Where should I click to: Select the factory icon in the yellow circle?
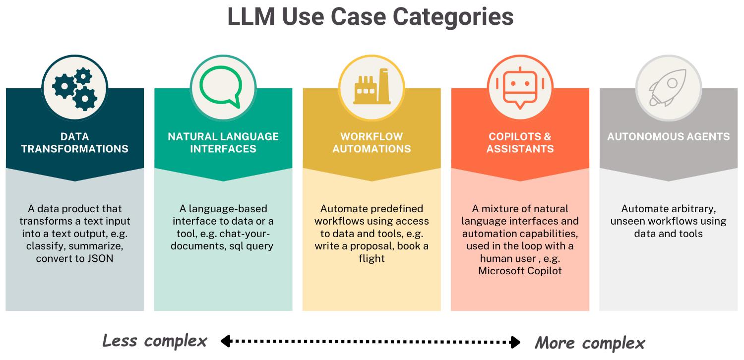pyautogui.click(x=372, y=88)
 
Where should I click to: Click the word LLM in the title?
pyautogui.click(x=251, y=16)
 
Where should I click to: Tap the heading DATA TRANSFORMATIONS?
pyautogui.click(x=75, y=142)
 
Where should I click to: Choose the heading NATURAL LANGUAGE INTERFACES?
pyautogui.click(x=223, y=142)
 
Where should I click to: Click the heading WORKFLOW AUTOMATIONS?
pyautogui.click(x=372, y=142)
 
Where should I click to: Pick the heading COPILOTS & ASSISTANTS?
pyautogui.click(x=520, y=142)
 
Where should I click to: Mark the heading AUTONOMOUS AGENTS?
pyautogui.click(x=668, y=136)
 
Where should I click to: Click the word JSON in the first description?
pyautogui.click(x=101, y=258)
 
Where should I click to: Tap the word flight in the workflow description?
pyautogui.click(x=372, y=258)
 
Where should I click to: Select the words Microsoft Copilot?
pyautogui.click(x=520, y=271)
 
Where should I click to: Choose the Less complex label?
pyautogui.click(x=154, y=341)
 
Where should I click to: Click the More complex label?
pyautogui.click(x=590, y=343)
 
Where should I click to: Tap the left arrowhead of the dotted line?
pyautogui.click(x=226, y=341)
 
